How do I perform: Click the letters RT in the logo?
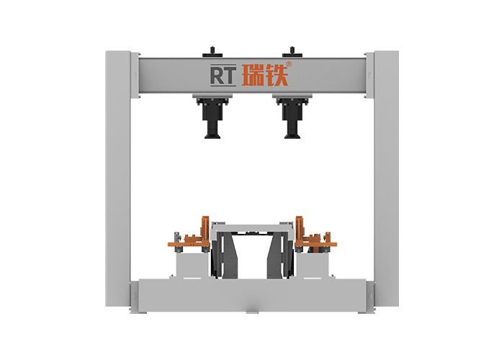point(223,76)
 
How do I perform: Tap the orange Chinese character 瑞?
point(253,75)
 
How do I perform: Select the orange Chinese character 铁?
point(276,75)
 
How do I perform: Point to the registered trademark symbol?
point(289,64)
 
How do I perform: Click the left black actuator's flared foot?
point(212,136)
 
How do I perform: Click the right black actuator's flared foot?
point(292,136)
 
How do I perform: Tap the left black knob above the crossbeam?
point(212,53)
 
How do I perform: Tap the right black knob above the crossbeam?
point(292,53)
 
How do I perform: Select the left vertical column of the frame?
point(117,179)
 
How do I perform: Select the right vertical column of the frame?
point(387,179)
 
